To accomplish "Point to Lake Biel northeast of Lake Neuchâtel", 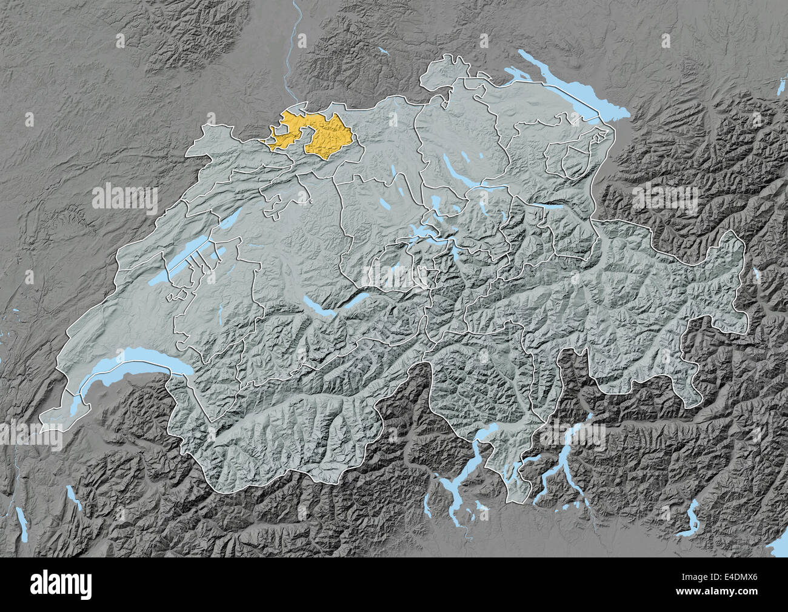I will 234,217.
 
